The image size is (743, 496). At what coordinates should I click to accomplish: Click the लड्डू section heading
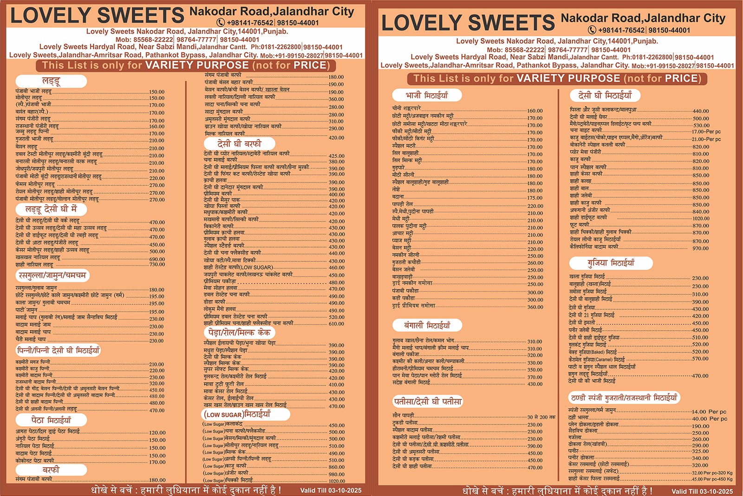(x=51, y=81)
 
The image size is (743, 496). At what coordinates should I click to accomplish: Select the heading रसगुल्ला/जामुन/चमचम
(x=52, y=275)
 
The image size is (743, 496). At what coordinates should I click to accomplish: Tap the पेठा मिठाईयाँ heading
(x=51, y=420)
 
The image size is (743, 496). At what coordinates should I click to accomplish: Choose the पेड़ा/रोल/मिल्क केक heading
(x=239, y=333)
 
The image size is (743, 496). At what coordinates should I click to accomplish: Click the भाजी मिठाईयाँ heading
(x=427, y=95)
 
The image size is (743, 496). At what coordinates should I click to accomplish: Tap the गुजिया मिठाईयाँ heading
(x=611, y=263)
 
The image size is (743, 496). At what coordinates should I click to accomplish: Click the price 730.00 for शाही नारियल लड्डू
(x=157, y=264)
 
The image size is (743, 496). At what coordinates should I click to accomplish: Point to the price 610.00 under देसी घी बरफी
(x=336, y=324)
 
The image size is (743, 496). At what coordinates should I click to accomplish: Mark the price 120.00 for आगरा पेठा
(x=157, y=432)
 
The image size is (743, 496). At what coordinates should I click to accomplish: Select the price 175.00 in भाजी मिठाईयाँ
(x=535, y=198)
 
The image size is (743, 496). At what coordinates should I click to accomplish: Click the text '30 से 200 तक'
(x=541, y=417)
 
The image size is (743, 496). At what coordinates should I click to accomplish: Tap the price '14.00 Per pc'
(x=709, y=411)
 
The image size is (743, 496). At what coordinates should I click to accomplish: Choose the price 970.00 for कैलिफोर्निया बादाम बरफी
(x=701, y=248)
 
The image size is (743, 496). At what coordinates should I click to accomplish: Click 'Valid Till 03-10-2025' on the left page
(x=331, y=490)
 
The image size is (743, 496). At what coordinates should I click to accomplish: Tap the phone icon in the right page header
(x=592, y=30)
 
